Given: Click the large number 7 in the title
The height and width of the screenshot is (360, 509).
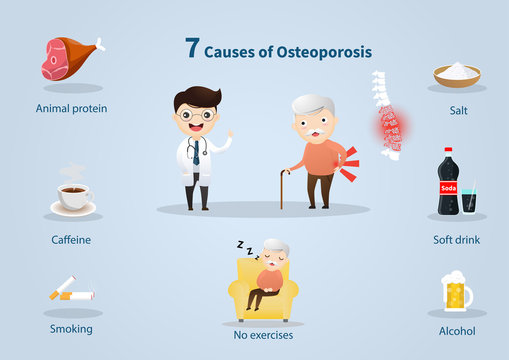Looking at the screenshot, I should click(x=192, y=47).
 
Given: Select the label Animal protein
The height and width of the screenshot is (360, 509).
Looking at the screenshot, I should click(x=71, y=109).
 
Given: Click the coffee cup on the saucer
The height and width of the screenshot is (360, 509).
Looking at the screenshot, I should click(x=72, y=195).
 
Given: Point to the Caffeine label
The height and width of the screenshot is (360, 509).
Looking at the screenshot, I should click(x=71, y=240).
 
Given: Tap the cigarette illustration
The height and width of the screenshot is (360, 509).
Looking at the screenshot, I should click(x=72, y=293).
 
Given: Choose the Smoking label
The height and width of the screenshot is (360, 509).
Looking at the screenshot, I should click(x=71, y=328).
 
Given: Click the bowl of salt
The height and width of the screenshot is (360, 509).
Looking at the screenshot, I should click(x=457, y=74).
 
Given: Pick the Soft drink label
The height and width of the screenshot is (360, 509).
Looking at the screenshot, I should click(x=457, y=239).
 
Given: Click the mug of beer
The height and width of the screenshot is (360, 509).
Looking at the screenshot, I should click(x=456, y=291).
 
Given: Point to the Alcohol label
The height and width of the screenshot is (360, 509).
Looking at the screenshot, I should click(x=457, y=330).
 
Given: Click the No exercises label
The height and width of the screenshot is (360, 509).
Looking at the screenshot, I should click(x=264, y=335).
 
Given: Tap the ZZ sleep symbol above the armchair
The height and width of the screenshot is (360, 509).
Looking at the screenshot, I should click(x=243, y=243).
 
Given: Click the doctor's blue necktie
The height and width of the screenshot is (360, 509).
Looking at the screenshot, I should click(x=196, y=151).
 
